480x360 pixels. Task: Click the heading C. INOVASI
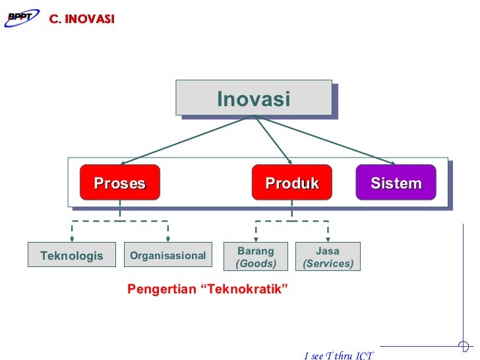click(80, 19)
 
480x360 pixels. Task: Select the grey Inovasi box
click(254, 99)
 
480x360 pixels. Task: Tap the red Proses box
click(119, 183)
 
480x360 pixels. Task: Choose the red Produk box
click(292, 183)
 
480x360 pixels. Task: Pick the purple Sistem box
click(396, 183)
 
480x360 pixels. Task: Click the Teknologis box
click(71, 255)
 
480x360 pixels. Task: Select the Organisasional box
click(167, 255)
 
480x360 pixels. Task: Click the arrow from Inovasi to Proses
click(185, 140)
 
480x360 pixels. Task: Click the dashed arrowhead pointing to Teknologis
click(72, 238)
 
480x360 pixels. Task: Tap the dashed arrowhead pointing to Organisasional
click(167, 238)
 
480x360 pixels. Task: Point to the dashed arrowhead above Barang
click(256, 238)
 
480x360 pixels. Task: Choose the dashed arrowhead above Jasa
click(328, 238)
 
